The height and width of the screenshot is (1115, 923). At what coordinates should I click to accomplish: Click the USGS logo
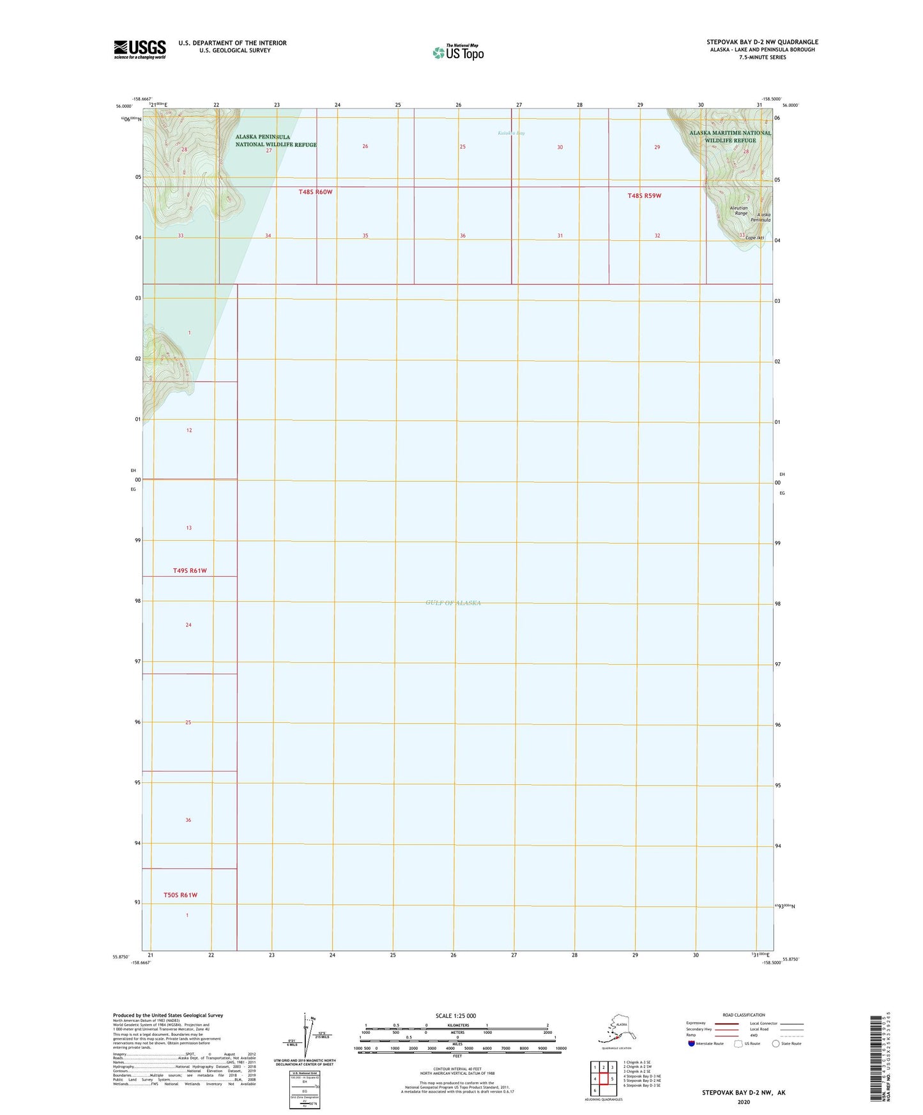pos(140,49)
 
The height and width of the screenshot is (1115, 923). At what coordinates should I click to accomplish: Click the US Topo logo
pos(457,52)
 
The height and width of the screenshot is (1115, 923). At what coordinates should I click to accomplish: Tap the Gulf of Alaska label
pos(453,603)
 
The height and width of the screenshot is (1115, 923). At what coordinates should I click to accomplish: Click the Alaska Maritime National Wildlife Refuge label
pos(730,137)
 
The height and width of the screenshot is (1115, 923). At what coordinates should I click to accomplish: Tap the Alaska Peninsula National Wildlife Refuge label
pos(276,140)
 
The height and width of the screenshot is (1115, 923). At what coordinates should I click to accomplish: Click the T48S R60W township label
pos(316,192)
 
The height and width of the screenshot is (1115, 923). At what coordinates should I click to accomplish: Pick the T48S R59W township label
pos(644,196)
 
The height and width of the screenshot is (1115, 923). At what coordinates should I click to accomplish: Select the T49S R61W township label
pos(190,570)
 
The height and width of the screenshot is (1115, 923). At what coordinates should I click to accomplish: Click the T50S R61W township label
pos(180,895)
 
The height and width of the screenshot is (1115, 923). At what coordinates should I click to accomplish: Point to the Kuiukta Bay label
pos(511,133)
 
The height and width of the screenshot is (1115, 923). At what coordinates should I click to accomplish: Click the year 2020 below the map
pos(743,1102)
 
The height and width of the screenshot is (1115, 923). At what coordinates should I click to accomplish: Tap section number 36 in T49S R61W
pos(188,820)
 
